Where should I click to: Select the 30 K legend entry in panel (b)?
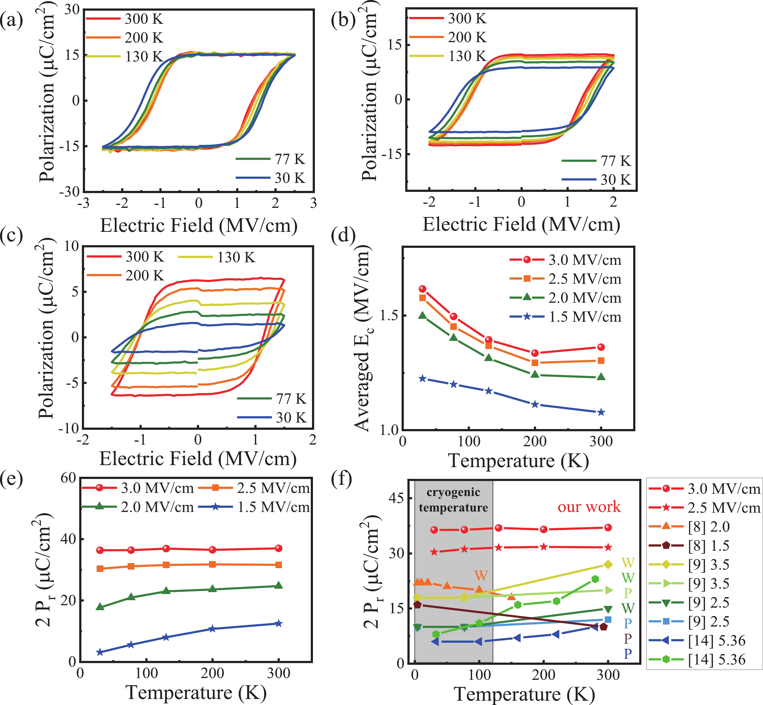597,179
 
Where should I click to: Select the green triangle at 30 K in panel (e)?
100,607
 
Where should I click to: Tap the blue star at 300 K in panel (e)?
279,623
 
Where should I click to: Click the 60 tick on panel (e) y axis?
69,478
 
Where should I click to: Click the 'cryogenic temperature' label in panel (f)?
453,500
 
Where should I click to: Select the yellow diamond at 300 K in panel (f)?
608,565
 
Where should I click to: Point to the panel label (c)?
11,236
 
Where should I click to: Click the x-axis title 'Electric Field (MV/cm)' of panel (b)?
521,224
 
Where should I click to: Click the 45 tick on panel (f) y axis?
397,499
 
